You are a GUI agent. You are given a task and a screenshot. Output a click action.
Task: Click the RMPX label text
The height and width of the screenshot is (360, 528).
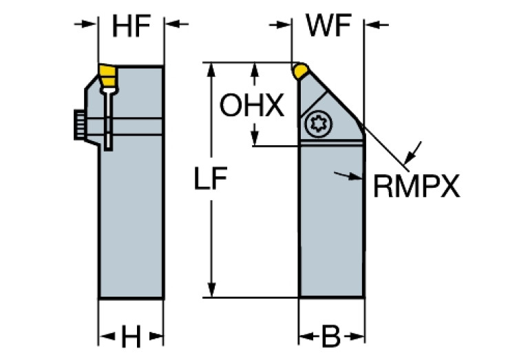point(416,186)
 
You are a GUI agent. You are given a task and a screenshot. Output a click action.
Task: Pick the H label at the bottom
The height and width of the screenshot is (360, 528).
point(131,337)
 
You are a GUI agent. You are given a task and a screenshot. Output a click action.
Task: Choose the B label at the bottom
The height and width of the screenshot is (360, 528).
point(331,337)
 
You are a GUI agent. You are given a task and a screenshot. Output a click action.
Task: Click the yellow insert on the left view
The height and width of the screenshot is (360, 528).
point(107,75)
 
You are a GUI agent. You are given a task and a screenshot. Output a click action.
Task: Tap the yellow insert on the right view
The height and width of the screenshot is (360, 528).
point(301,70)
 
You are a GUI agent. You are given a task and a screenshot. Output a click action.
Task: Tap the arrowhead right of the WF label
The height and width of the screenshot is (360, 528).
point(372,25)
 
